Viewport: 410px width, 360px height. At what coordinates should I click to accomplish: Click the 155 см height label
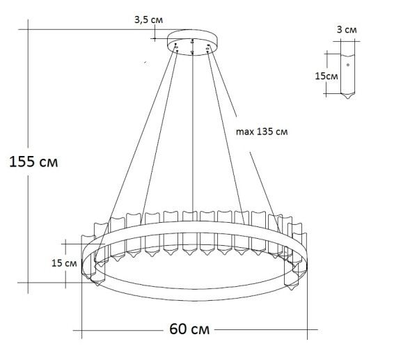[x=33, y=162]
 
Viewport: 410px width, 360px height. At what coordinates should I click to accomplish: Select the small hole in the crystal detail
[x=348, y=65]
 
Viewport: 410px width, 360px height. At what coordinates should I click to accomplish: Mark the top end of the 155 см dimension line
[x=27, y=29]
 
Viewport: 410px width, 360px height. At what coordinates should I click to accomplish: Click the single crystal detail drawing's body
[x=347, y=77]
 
